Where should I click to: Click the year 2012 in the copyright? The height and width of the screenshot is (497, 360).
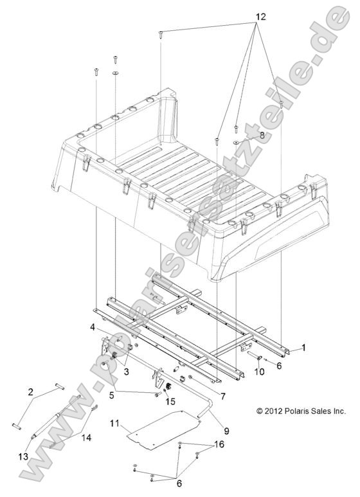(275, 411)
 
